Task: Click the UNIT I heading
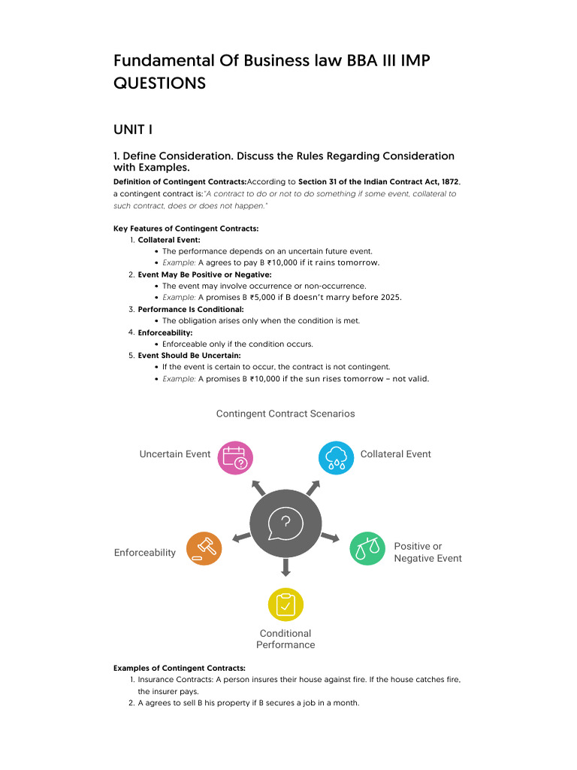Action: pyautogui.click(x=133, y=130)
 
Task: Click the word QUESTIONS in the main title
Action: pyautogui.click(x=159, y=83)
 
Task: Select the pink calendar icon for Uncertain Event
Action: pyautogui.click(x=235, y=457)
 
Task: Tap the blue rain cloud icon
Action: pyautogui.click(x=336, y=457)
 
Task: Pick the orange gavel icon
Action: pyautogui.click(x=204, y=548)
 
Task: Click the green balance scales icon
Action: pyautogui.click(x=367, y=548)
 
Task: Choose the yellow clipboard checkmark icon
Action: pyautogui.click(x=285, y=604)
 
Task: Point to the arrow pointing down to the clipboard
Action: pyautogui.click(x=285, y=567)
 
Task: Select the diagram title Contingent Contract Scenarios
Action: pyautogui.click(x=285, y=414)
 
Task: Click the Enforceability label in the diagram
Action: pyautogui.click(x=145, y=553)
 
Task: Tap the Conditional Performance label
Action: pyautogui.click(x=285, y=639)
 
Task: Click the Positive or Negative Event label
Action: pyautogui.click(x=427, y=552)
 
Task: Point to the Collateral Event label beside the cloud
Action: pyautogui.click(x=396, y=454)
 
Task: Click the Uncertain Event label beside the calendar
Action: pyautogui.click(x=175, y=454)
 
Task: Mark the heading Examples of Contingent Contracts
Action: pyautogui.click(x=179, y=668)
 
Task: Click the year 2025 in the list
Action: pyautogui.click(x=390, y=297)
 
